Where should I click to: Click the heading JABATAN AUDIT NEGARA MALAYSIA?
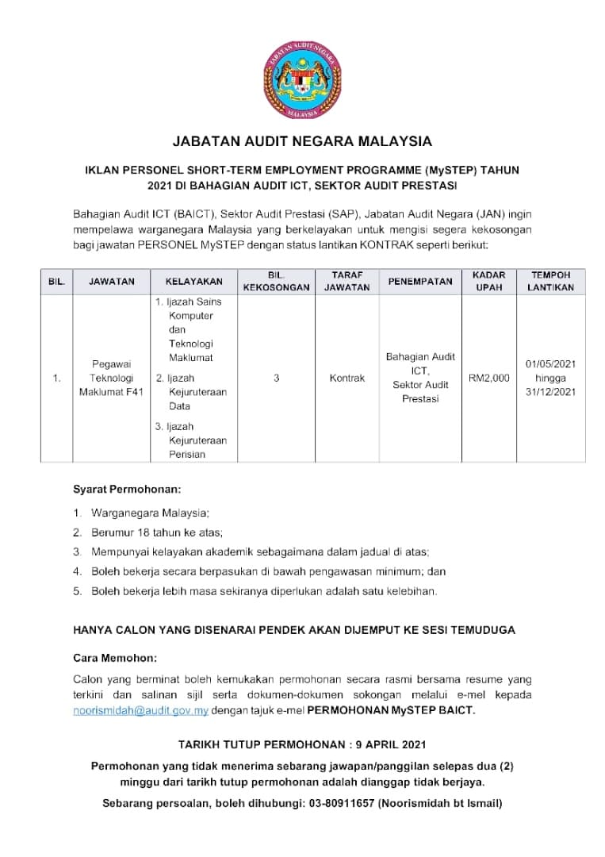pyautogui.click(x=302, y=142)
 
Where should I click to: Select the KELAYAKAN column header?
pyautogui.click(x=193, y=281)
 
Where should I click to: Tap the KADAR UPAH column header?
pyautogui.click(x=488, y=281)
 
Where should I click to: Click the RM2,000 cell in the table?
pyautogui.click(x=488, y=379)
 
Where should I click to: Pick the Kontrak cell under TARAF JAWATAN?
pyautogui.click(x=347, y=379)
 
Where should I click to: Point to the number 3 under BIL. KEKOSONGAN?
pyautogui.click(x=276, y=379)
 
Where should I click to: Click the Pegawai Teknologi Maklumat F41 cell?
pyautogui.click(x=111, y=379)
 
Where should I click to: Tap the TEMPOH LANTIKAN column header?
pyautogui.click(x=550, y=281)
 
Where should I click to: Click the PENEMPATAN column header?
pyautogui.click(x=420, y=281)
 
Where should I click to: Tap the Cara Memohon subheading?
pyautogui.click(x=115, y=658)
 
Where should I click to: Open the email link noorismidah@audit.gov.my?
pyautogui.click(x=140, y=710)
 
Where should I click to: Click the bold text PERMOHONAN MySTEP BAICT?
pyautogui.click(x=390, y=710)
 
